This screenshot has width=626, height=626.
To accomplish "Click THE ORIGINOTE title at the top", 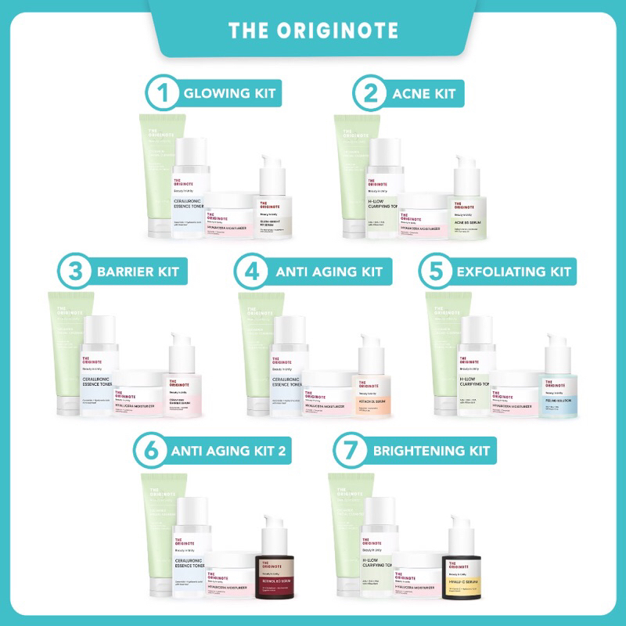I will pyautogui.click(x=313, y=31).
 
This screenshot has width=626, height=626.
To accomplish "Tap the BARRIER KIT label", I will pyautogui.click(x=137, y=272).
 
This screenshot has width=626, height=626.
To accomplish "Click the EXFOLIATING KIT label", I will pyautogui.click(x=513, y=272).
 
